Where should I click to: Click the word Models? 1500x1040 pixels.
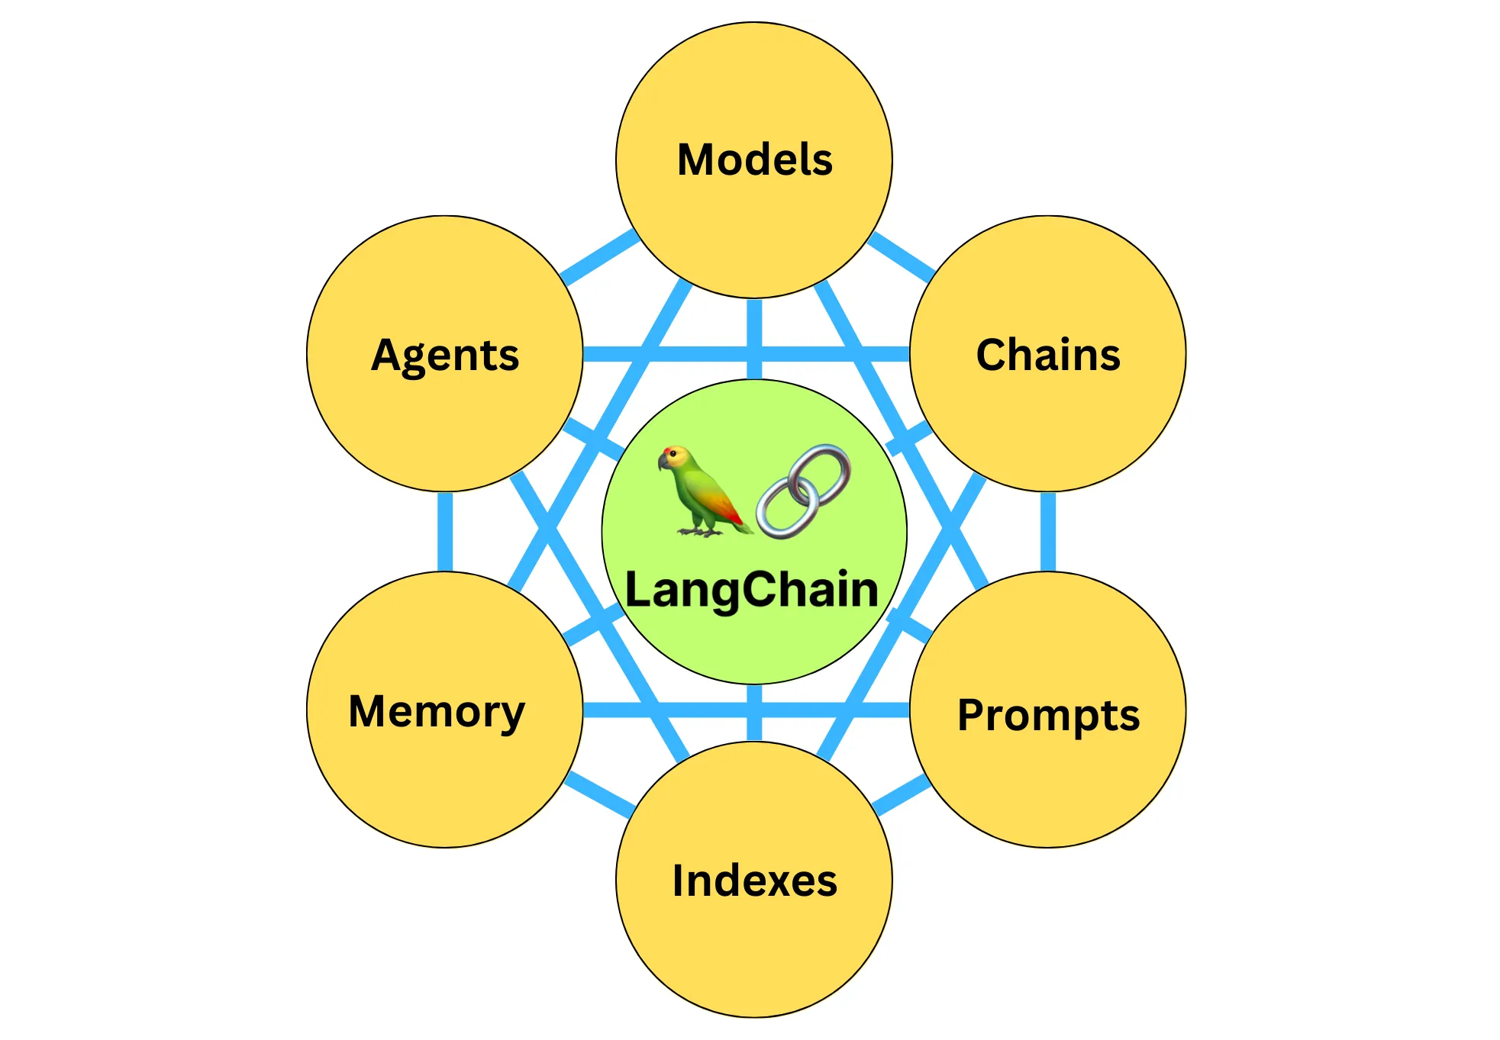754,159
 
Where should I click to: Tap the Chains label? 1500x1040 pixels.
1048,355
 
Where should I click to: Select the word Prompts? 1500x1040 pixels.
1048,716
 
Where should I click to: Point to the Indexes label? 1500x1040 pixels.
754,881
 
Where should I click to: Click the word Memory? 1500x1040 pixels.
437,711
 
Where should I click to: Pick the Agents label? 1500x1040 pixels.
445,356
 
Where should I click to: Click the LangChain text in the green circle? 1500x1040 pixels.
752,590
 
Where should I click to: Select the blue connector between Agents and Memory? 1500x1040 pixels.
445,532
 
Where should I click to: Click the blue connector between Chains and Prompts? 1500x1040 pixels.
1048,532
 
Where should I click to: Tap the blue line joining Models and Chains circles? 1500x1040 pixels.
901,255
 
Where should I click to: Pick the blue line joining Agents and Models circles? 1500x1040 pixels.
600,257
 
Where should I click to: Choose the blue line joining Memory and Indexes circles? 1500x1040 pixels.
600,794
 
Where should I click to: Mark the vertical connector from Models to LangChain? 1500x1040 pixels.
754,339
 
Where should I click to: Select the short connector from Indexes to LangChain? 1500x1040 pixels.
754,713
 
